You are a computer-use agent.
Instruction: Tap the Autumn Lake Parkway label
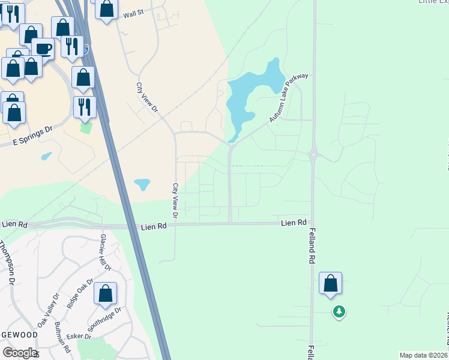289,98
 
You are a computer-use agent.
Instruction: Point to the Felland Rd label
312,246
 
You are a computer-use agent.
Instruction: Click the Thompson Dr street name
7,262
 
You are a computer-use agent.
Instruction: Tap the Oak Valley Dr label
49,310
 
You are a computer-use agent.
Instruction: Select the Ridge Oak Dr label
80,293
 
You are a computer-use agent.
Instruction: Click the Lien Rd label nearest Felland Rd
294,223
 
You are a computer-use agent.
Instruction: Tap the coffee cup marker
43,49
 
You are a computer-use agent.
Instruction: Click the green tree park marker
339,311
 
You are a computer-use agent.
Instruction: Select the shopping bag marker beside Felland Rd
330,283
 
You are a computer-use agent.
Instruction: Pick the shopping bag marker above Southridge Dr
105,293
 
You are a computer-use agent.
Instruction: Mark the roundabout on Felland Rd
313,155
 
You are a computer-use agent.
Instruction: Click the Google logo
20,352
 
